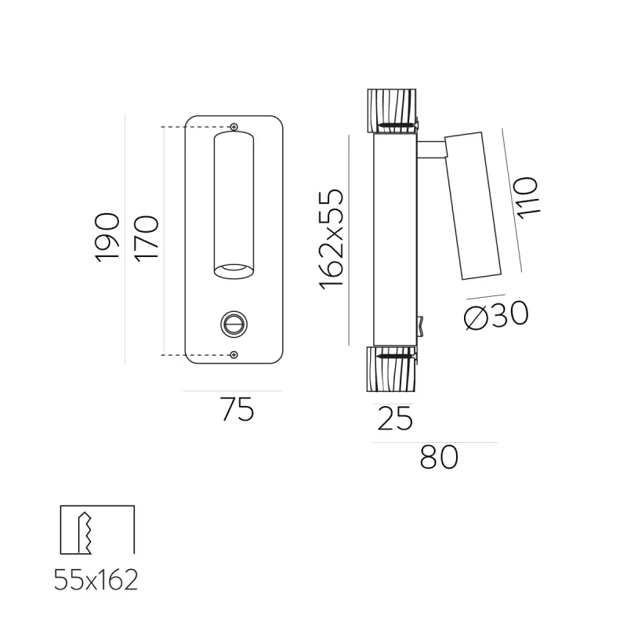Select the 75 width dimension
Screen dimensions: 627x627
pos(237,410)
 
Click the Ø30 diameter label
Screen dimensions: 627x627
pos(495,315)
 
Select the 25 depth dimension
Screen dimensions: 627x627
pos(395,419)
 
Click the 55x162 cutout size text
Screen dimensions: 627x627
pos(96,580)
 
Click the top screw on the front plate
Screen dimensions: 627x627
pos(234,127)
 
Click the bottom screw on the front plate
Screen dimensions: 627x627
pos(234,355)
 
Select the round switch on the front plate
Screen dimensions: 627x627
pos(233,322)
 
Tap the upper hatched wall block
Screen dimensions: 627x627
pos(390,111)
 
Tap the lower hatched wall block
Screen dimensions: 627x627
pos(390,368)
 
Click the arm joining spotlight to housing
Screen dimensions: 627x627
pos(430,150)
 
